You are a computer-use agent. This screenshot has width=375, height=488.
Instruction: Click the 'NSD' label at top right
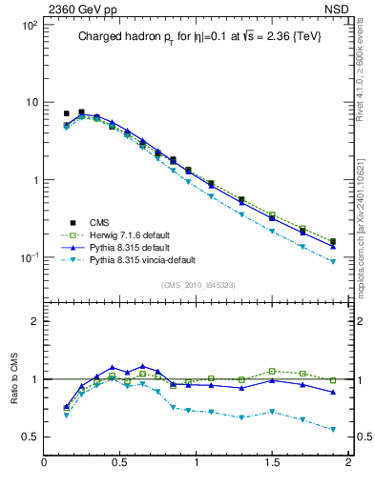point(338,8)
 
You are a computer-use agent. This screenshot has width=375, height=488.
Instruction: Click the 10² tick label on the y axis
point(27,26)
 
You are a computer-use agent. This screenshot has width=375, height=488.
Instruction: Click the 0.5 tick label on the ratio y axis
point(29,437)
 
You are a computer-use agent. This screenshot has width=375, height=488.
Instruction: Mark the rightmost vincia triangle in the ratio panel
point(332,430)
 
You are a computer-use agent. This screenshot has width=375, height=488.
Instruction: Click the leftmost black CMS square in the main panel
point(66,113)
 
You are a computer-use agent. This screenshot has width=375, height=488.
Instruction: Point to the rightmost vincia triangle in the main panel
point(332,261)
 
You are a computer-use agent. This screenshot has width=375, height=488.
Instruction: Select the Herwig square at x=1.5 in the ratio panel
point(272,371)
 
